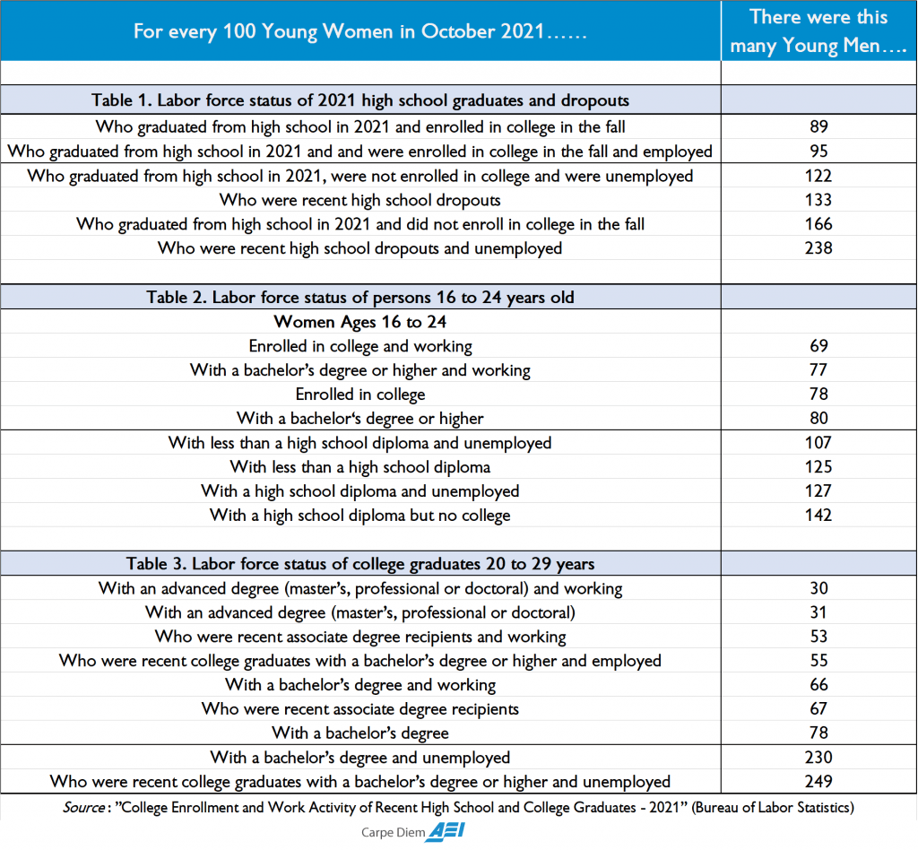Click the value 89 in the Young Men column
818,126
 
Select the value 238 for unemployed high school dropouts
818,247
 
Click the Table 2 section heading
360,297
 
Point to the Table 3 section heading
360,563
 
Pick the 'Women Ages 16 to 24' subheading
360,322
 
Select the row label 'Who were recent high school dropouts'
360,199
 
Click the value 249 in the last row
818,781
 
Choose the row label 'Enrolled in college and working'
360,345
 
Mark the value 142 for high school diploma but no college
818,515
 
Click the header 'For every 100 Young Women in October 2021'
360,31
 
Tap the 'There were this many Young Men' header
818,31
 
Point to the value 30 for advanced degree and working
818,588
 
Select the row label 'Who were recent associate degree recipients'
360,708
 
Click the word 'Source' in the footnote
82,807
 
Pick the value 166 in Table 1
818,223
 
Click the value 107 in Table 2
818,442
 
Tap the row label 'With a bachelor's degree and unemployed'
360,757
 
